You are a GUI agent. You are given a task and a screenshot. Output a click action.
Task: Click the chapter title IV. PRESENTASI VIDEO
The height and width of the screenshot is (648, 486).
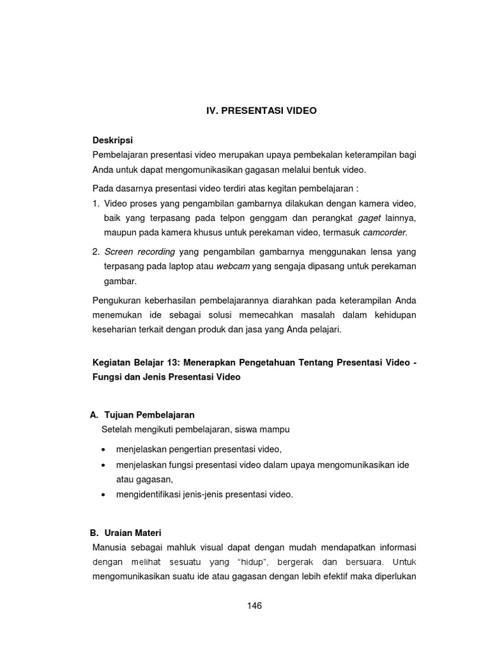point(261,110)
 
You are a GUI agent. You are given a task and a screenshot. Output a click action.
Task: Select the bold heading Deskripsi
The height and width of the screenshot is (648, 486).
point(113,139)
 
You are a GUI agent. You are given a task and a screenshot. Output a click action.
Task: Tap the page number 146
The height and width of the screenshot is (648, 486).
point(254,606)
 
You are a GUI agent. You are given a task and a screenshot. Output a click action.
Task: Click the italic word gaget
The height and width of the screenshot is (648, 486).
point(370,218)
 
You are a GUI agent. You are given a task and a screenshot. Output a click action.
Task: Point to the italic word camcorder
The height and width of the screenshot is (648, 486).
point(385,232)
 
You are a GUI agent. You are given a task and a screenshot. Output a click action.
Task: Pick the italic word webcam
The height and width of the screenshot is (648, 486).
point(233,266)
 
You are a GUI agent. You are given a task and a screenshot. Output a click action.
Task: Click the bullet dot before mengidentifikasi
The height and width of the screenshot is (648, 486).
point(103,495)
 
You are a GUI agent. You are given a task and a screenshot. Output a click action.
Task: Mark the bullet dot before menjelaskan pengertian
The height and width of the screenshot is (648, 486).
point(103,449)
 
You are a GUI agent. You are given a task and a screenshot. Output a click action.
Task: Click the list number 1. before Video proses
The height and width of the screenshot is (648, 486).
point(96,203)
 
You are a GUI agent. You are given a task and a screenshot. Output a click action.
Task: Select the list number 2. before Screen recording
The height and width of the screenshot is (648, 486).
point(96,252)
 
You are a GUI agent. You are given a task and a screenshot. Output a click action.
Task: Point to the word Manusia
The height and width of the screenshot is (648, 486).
point(111,547)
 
